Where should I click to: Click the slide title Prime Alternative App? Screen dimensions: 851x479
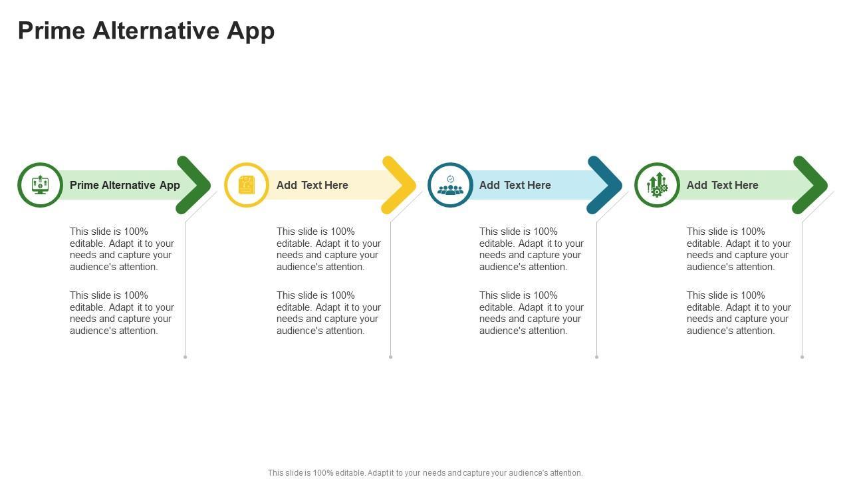pyautogui.click(x=146, y=31)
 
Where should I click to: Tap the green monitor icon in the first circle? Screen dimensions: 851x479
pyautogui.click(x=40, y=185)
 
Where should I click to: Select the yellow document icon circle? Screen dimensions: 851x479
pyautogui.click(x=247, y=185)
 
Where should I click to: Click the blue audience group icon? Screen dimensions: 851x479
pyautogui.click(x=450, y=185)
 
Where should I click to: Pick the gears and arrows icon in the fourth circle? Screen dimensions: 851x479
pyautogui.click(x=657, y=185)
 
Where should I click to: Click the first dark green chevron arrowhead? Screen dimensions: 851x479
pyautogui.click(x=195, y=185)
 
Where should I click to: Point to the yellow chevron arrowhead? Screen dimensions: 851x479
pyautogui.click(x=401, y=185)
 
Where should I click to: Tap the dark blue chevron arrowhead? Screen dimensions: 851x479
pyautogui.click(x=606, y=185)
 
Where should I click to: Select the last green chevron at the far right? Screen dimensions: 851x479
pyautogui.click(x=812, y=185)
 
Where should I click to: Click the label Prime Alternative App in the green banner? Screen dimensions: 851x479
pyautogui.click(x=125, y=185)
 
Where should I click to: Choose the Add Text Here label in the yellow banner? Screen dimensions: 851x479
pyautogui.click(x=312, y=185)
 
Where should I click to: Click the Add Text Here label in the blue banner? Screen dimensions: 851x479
pyautogui.click(x=515, y=185)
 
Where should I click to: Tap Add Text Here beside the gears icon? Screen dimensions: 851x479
pyautogui.click(x=723, y=185)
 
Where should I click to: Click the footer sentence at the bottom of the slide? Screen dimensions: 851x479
pyautogui.click(x=425, y=473)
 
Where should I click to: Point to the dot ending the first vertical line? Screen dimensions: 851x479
pyautogui.click(x=185, y=357)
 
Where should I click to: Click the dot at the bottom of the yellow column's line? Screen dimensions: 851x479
pyautogui.click(x=390, y=357)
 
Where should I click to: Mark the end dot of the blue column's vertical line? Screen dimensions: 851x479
pyautogui.click(x=596, y=357)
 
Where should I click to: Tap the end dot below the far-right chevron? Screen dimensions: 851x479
pyautogui.click(x=802, y=357)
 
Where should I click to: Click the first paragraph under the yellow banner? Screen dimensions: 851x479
pyautogui.click(x=328, y=249)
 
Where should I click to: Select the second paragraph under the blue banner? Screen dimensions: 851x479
pyautogui.click(x=531, y=313)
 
